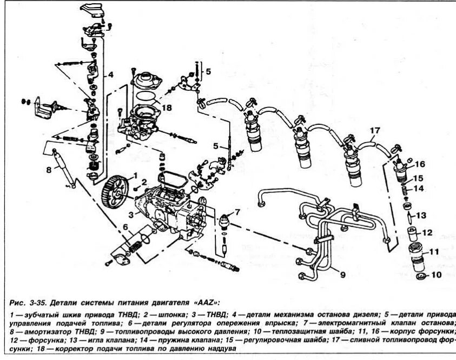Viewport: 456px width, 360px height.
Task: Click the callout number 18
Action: pos(166,108)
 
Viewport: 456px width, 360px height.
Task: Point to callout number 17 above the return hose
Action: pos(375,130)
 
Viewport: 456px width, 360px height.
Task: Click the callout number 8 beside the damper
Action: pos(48,169)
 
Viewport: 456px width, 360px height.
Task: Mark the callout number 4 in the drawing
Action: pos(110,74)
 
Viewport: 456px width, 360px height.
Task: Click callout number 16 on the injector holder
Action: pos(420,164)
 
